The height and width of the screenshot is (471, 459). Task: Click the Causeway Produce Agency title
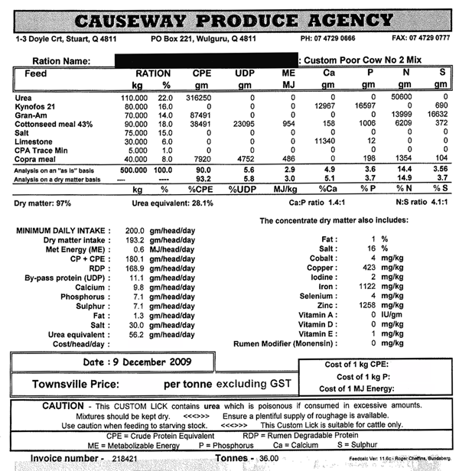pyautogui.click(x=229, y=19)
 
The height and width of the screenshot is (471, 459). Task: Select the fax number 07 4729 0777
pyautogui.click(x=430, y=38)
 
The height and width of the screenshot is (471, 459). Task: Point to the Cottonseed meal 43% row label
pyautogui.click(x=53, y=124)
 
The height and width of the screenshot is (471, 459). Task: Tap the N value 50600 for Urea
pyautogui.click(x=402, y=98)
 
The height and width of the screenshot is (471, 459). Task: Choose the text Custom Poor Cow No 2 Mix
pyautogui.click(x=359, y=59)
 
